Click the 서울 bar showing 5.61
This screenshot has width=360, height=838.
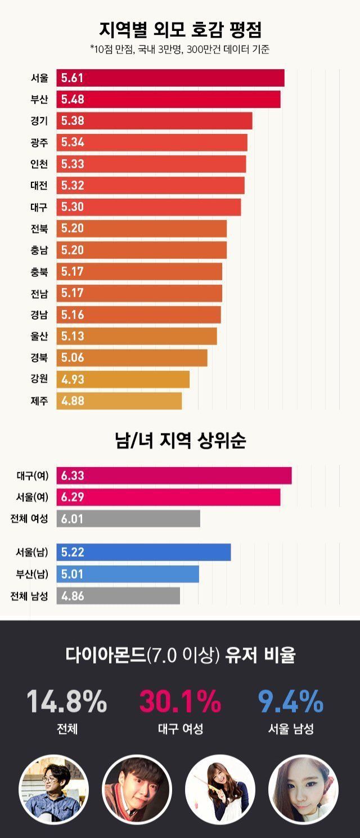click(170, 78)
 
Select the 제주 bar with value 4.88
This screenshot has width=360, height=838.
click(119, 401)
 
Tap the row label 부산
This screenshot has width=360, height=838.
click(39, 100)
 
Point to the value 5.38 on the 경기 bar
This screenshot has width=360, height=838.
click(73, 121)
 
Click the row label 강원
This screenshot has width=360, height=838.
click(39, 379)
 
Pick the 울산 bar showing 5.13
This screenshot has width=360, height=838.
click(137, 336)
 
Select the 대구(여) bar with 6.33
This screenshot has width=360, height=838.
click(174, 476)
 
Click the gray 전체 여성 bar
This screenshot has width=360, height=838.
click(128, 519)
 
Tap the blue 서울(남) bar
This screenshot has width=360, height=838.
click(143, 552)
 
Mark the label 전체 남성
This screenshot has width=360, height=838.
click(29, 596)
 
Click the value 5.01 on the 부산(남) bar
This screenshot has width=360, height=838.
click(73, 574)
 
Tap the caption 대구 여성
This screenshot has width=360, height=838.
click(180, 729)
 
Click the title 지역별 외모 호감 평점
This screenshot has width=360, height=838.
click(180, 29)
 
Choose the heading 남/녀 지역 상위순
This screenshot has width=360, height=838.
click(180, 440)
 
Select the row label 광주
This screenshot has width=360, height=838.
click(39, 143)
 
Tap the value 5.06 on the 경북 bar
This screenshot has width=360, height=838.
click(73, 357)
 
